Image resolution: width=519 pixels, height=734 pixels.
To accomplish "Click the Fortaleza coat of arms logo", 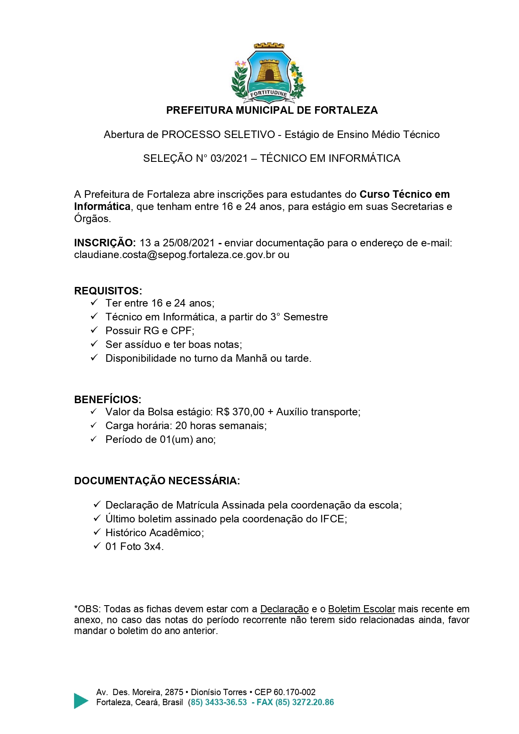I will click(269, 73).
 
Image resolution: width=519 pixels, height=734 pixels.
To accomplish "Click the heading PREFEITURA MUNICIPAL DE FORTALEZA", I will click(272, 110).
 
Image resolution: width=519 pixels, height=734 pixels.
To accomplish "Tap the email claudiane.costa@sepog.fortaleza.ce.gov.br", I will click(175, 255).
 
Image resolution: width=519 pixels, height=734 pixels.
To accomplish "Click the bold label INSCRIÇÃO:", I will click(105, 243).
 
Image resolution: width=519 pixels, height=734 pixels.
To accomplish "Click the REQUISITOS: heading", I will click(108, 291).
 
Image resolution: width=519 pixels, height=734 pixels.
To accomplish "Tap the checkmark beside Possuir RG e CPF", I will click(94, 330).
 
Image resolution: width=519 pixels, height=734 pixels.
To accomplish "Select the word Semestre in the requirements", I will click(306, 317).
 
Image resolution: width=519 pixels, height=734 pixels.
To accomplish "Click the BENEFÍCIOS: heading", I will click(108, 399).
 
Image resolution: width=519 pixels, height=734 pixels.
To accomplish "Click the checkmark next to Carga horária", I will click(94, 425).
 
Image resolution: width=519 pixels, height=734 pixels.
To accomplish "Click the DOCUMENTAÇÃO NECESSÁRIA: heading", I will click(157, 481).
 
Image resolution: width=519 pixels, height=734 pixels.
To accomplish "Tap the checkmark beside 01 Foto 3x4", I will click(97, 546).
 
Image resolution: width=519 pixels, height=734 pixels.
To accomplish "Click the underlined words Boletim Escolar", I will click(361, 609).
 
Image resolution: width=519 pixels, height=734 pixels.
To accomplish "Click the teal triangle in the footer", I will click(81, 701).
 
